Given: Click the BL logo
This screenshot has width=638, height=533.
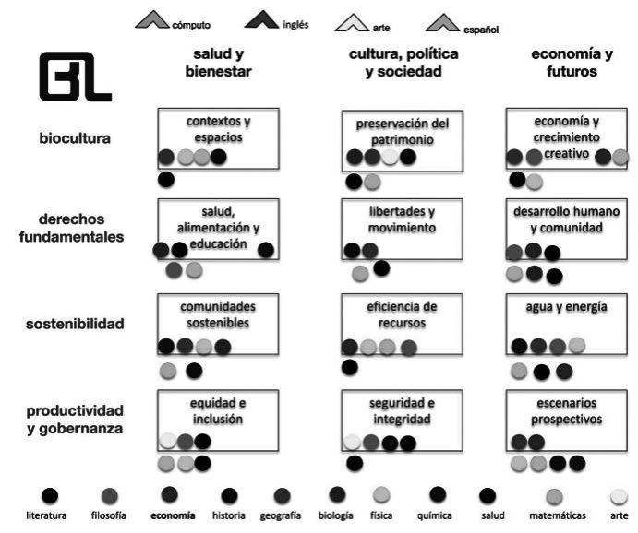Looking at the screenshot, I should coord(75,77).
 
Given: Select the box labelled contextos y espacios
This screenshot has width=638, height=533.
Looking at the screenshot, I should coord(218,137).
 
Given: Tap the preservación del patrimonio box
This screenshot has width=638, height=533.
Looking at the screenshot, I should coord(402,138).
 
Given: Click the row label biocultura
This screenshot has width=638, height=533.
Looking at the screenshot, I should coord(75,139).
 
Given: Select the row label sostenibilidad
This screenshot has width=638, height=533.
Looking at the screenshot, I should coord(75,324).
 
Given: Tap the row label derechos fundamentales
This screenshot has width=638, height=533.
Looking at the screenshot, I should coord(72,230).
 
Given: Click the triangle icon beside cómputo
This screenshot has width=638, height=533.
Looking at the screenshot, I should coord(151,19).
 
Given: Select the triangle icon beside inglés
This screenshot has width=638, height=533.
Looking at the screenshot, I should coord(262,19).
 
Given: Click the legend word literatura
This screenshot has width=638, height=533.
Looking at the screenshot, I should coord(45,515).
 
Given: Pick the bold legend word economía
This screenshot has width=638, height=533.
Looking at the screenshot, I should coord(173,515).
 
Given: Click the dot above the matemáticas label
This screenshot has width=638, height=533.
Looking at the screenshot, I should coord(555,497).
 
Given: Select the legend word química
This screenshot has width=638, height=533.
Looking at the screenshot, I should coord(436,515).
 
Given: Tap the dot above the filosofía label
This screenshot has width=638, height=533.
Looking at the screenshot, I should coord(110,496).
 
